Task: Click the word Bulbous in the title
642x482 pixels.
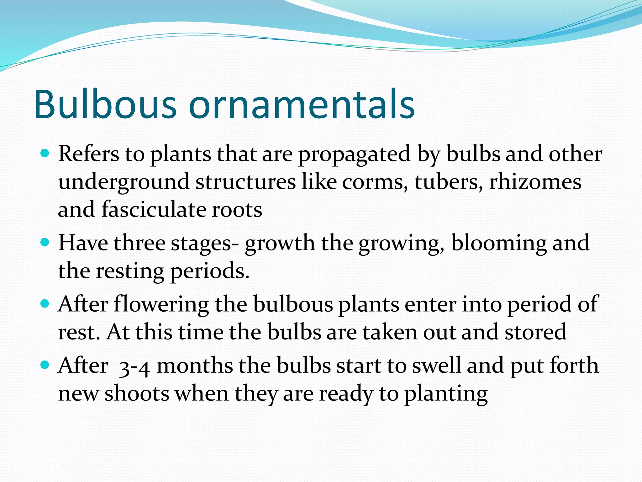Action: (x=105, y=104)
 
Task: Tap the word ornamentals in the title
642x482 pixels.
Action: (x=302, y=104)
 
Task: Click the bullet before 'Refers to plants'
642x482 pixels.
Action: (x=45, y=154)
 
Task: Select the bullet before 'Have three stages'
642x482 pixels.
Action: (x=45, y=243)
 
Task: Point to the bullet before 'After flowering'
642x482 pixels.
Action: (x=45, y=303)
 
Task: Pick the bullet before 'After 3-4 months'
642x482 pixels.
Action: (x=45, y=365)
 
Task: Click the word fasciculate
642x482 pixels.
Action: (x=154, y=210)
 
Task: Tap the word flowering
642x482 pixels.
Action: (x=161, y=305)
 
